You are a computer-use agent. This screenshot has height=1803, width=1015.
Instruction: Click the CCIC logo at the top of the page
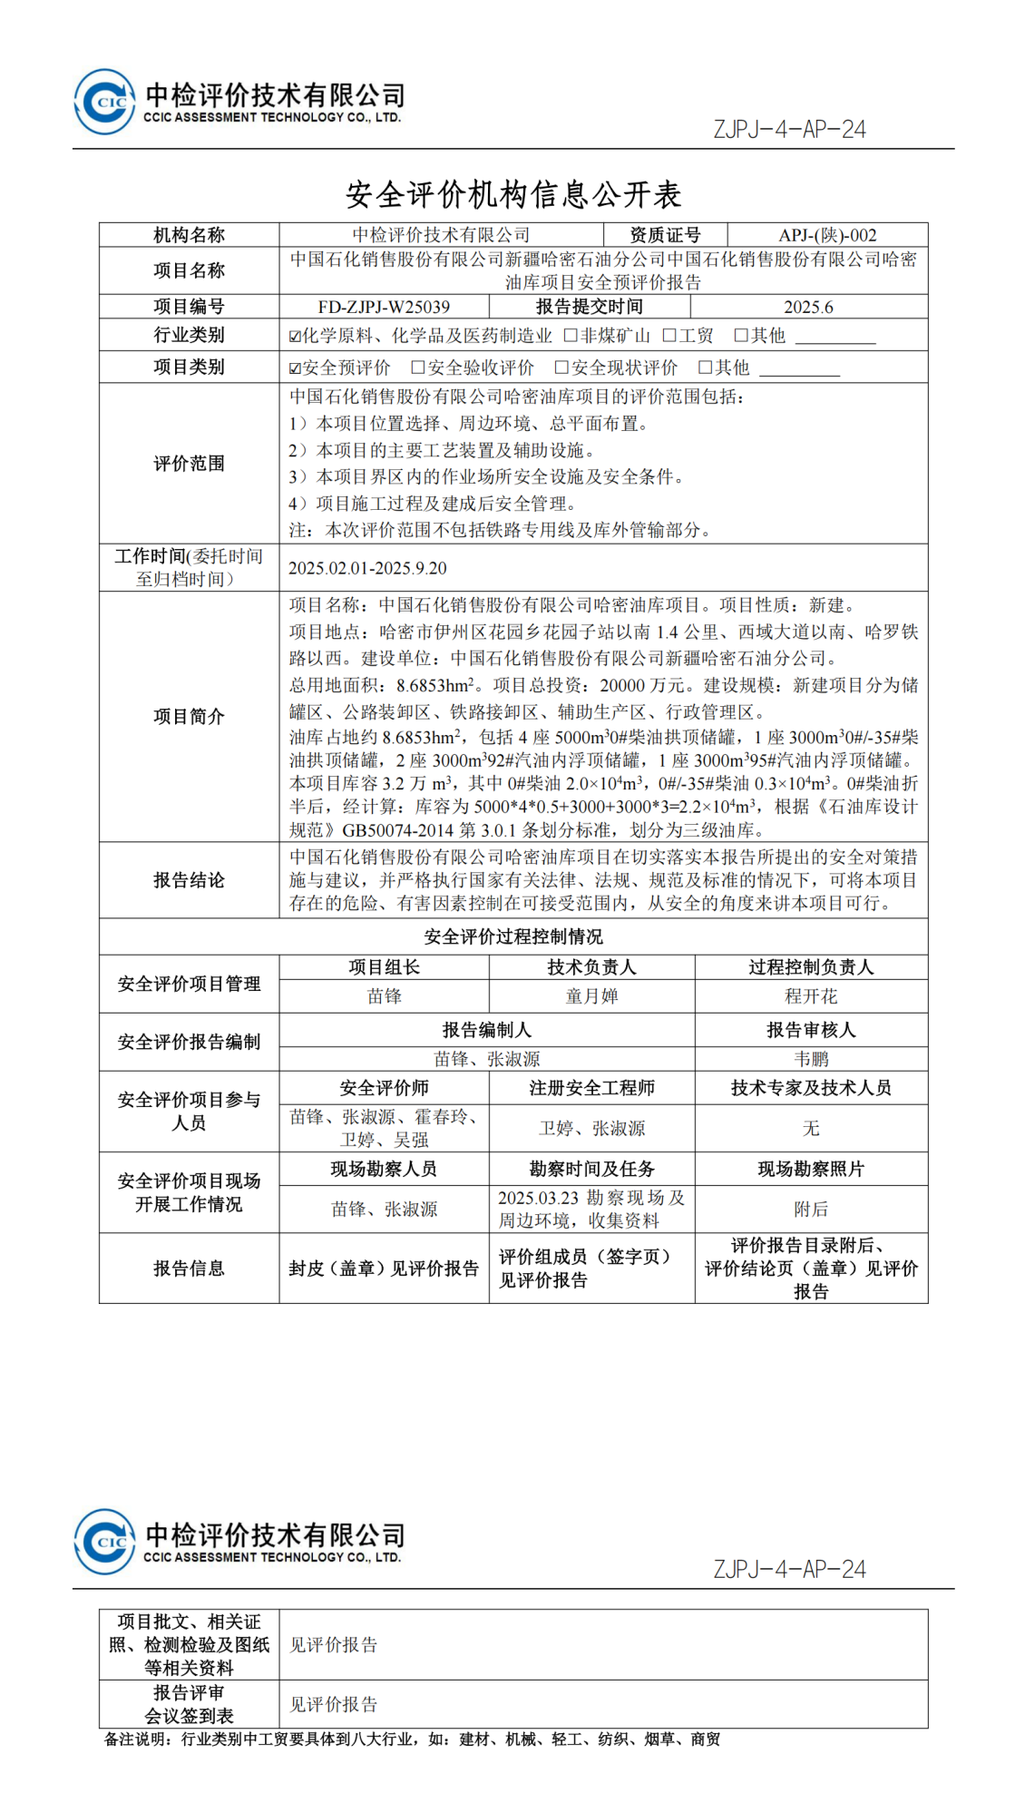click(104, 102)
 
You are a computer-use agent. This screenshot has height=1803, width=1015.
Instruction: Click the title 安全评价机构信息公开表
click(513, 194)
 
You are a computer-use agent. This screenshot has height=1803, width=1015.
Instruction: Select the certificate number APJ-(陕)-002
click(827, 235)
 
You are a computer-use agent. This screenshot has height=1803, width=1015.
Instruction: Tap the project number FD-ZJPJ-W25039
click(384, 307)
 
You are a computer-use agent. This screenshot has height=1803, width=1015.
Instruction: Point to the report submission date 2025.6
click(808, 307)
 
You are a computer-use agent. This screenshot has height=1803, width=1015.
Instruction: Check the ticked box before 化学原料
click(295, 337)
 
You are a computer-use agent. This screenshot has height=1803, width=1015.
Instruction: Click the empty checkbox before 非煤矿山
click(571, 336)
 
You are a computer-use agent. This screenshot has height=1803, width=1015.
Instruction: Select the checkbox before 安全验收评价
click(418, 367)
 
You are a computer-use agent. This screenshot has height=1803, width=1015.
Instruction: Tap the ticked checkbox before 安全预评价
click(295, 368)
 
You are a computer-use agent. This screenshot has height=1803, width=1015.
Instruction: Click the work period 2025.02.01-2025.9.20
click(367, 568)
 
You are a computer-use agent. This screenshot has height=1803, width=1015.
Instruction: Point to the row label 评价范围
click(189, 464)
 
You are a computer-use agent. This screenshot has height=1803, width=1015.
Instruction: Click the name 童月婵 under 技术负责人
click(591, 996)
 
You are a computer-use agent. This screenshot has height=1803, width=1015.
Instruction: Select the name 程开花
click(811, 996)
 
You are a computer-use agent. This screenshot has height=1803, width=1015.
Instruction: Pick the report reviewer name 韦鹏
click(811, 1059)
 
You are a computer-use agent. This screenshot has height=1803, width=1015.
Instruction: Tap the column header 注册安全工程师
click(591, 1088)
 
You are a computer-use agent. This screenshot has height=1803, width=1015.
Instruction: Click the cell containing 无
click(811, 1128)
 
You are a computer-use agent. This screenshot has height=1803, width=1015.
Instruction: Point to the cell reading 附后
click(811, 1209)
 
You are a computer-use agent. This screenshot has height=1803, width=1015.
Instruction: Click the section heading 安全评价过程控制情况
click(513, 936)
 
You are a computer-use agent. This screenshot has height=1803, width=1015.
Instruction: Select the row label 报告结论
click(189, 880)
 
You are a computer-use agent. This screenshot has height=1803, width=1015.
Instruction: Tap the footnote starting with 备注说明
click(413, 1739)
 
